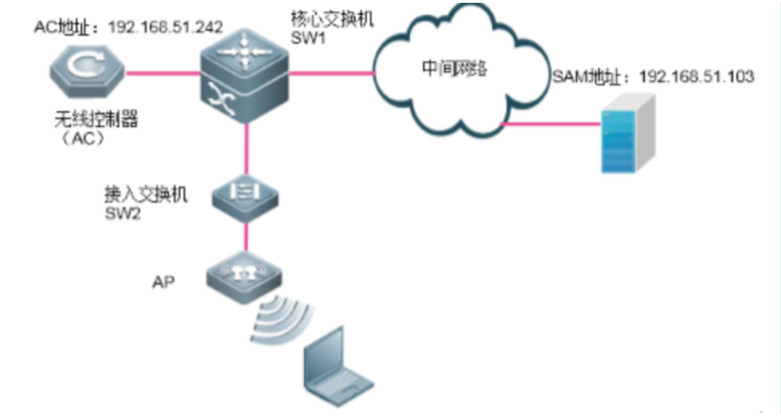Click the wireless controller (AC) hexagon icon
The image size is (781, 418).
click(86, 73)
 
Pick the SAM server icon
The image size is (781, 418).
click(617, 140)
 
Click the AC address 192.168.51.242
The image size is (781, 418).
click(165, 27)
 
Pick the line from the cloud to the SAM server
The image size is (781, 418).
click(551, 122)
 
